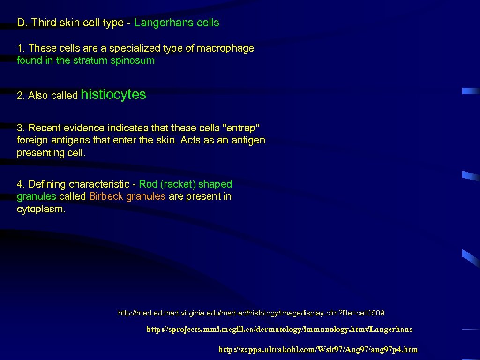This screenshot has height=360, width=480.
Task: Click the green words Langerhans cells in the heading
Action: [176, 23]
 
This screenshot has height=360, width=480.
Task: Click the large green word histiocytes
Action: [113, 95]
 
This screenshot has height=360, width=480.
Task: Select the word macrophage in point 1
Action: [225, 48]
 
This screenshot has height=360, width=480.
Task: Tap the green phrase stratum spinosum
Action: [113, 60]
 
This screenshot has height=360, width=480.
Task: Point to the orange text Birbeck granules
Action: [127, 196]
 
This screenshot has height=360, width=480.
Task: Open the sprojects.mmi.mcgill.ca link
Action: [279, 330]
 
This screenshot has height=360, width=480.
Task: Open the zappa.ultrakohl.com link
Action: [318, 350]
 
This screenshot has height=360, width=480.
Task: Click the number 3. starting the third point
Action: [21, 128]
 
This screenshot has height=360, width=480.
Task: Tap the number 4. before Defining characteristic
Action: [21, 184]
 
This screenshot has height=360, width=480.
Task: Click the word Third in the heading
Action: [44, 23]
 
